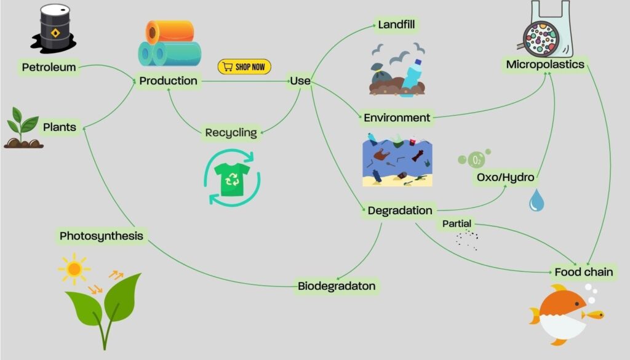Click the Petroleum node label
(x=49, y=66)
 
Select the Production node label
(x=168, y=81)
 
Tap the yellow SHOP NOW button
(x=244, y=66)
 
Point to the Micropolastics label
(x=545, y=64)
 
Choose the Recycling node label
(x=231, y=132)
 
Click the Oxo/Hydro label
(x=505, y=178)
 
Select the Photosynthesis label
(x=102, y=236)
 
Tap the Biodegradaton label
(x=337, y=286)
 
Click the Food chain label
(x=584, y=272)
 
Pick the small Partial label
(x=457, y=224)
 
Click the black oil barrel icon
(x=54, y=26)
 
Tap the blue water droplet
(x=536, y=200)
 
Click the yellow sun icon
(x=74, y=268)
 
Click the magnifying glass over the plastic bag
(x=541, y=34)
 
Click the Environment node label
(x=397, y=118)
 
